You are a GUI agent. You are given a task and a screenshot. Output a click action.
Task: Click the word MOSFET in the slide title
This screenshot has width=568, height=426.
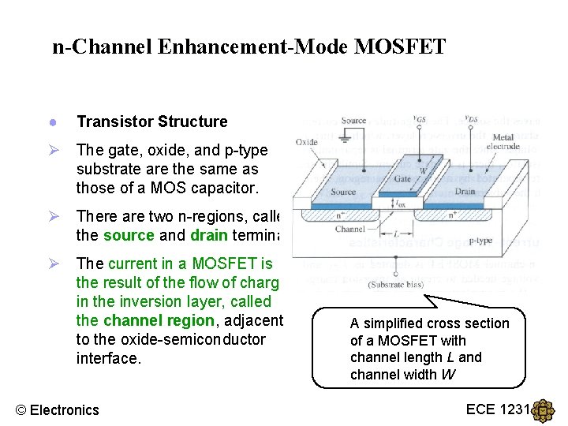[x=400, y=47]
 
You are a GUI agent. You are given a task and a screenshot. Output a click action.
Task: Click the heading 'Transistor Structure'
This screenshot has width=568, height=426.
[x=151, y=121]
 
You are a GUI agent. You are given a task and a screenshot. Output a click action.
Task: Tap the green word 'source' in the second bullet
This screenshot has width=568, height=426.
[x=129, y=235]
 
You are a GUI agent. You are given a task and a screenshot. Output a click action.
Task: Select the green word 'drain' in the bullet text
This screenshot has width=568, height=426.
[x=209, y=235]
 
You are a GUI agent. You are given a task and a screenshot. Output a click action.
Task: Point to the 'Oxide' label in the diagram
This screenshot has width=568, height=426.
[x=307, y=142]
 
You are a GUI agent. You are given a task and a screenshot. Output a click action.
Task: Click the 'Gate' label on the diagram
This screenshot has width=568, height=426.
[x=402, y=179]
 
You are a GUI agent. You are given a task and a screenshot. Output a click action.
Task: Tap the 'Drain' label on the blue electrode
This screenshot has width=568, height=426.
[x=465, y=191]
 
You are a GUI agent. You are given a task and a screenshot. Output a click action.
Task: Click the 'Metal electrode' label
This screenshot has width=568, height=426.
[x=503, y=143]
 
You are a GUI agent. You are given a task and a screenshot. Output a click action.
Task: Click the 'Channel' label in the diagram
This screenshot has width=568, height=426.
[x=349, y=230]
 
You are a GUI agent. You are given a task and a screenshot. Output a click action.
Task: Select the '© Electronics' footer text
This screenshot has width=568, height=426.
[x=58, y=409]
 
